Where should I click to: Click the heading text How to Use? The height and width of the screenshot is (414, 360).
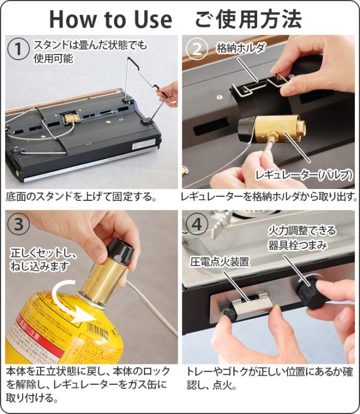pos(111,19)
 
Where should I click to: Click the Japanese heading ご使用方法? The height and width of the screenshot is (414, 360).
pos(248,19)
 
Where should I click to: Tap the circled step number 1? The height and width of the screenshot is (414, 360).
pos(18,49)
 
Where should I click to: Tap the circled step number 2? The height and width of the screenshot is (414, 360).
pos(196,48)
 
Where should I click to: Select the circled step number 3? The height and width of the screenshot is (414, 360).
pos(19,224)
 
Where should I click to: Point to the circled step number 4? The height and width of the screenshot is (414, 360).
pos(196,224)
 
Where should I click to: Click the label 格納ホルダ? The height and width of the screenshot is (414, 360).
pos(240,48)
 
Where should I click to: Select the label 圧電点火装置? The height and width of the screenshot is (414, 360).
pos(219,262)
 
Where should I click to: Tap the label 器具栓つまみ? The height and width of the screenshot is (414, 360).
pos(298,246)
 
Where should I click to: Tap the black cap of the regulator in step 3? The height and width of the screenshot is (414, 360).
pos(121,252)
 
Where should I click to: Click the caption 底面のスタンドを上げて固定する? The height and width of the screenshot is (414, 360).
pos(82,197)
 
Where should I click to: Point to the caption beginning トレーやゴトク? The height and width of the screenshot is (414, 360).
pos(269,379)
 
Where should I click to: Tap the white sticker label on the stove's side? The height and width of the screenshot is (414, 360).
pos(143,144)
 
